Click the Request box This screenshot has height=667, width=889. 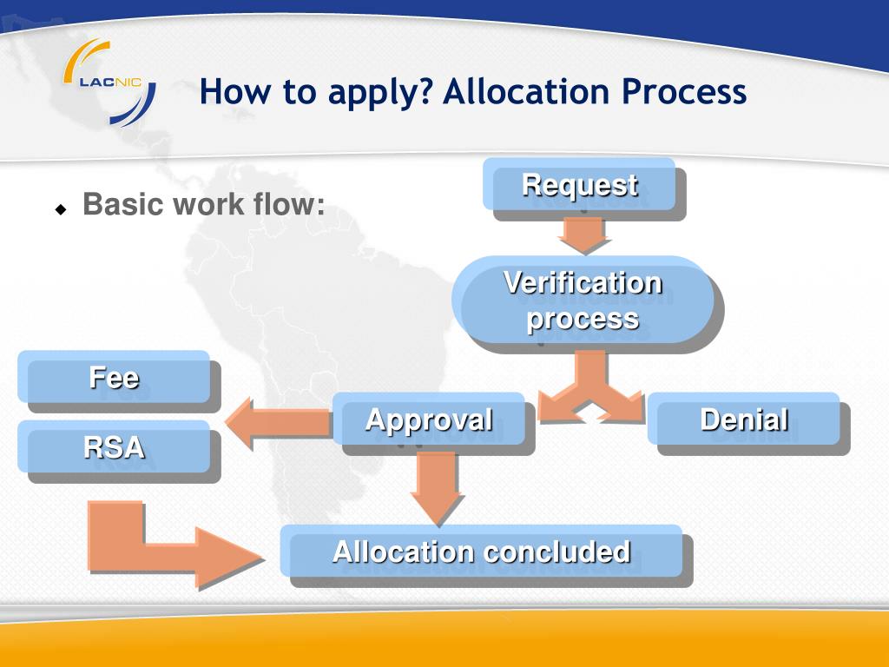click(580, 185)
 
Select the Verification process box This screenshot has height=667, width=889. click(583, 300)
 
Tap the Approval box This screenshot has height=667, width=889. click(430, 420)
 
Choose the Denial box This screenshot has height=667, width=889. click(744, 420)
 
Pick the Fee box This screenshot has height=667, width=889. click(114, 378)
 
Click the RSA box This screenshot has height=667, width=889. click(114, 447)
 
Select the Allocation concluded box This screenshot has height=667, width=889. click(482, 551)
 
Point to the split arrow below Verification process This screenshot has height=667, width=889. click(591, 390)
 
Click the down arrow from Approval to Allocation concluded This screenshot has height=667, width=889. click(437, 486)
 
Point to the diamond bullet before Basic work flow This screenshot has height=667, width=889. click(61, 209)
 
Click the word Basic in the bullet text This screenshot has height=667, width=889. click(123, 206)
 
